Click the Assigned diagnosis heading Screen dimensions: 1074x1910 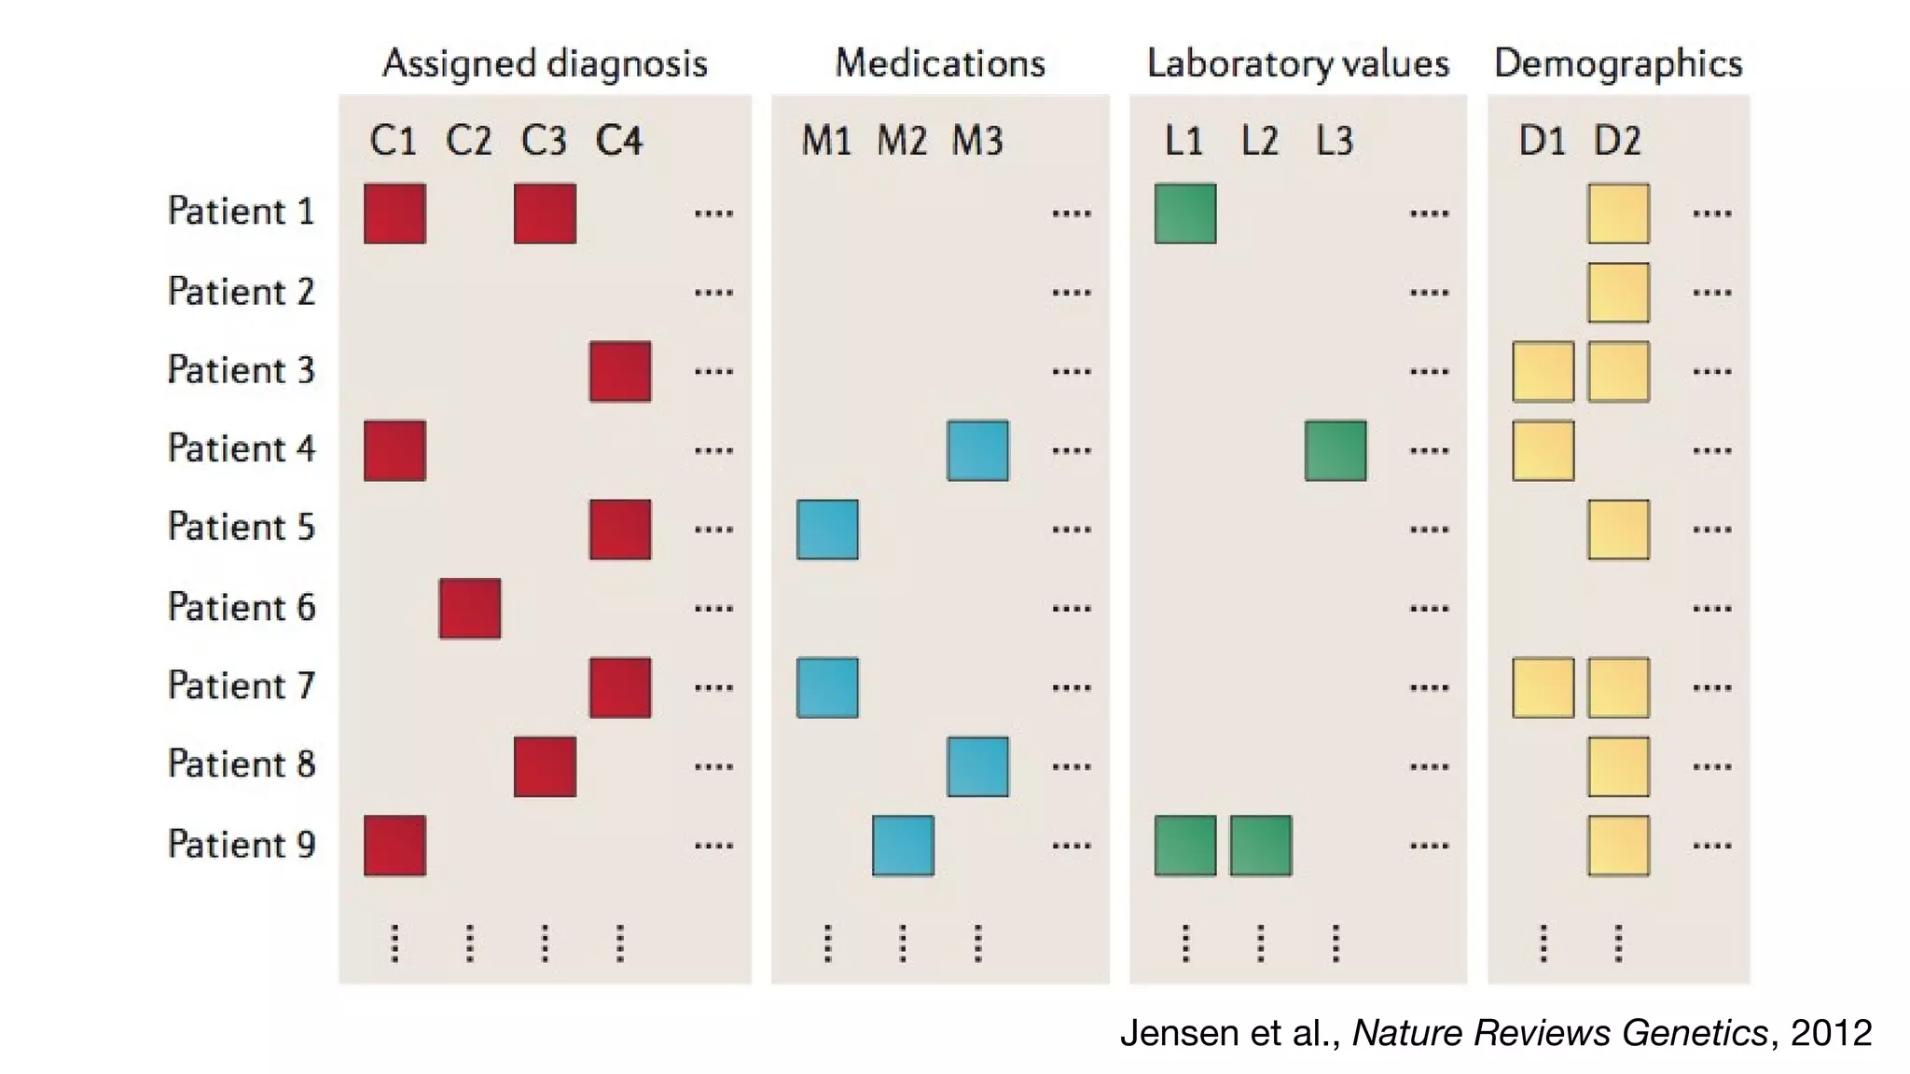point(545,63)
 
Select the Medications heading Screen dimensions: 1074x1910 point(939,63)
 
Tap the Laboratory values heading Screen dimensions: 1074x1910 point(1297,63)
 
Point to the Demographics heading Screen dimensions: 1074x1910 point(1618,63)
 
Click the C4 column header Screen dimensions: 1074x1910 point(619,141)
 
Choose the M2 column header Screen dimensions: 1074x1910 point(902,141)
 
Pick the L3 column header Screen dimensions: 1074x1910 point(1335,141)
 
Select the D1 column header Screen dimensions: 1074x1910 point(1542,141)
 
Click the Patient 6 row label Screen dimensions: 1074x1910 point(242,607)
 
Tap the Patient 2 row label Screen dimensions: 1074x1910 point(242,292)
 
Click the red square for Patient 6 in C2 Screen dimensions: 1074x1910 point(470,609)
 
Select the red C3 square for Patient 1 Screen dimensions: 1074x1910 point(545,213)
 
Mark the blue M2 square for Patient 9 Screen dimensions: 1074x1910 point(903,846)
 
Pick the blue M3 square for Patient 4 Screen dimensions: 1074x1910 point(977,450)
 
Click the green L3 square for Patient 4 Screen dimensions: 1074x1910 point(1336,450)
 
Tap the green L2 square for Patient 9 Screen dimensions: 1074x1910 point(1261,846)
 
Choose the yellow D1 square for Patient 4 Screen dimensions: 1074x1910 point(1543,450)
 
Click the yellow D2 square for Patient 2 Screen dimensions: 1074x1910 point(1619,292)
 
